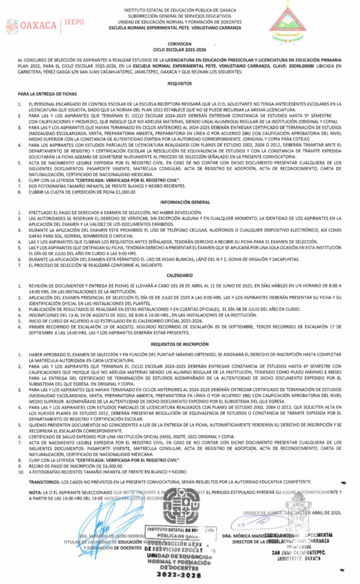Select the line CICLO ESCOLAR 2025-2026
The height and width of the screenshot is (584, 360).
(179, 50)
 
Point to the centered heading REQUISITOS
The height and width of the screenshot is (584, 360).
(179, 83)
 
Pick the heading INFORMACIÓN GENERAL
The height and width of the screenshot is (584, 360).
(179, 202)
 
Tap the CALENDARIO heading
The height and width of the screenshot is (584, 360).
(179, 275)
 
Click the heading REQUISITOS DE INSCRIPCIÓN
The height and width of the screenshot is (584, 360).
(179, 345)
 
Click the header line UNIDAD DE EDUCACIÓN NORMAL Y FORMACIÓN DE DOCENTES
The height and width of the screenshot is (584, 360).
(179, 22)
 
